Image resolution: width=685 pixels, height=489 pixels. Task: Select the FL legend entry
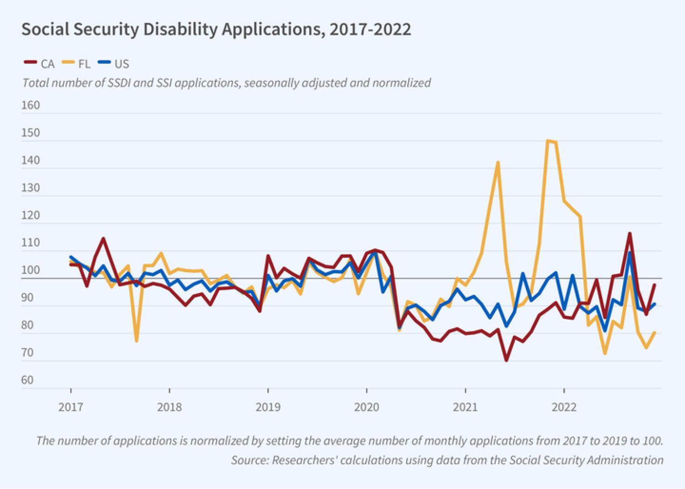77,64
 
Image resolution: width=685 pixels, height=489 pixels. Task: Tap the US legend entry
114,64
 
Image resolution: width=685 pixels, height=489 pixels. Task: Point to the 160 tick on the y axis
31,105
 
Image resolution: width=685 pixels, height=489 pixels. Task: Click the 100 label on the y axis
31,270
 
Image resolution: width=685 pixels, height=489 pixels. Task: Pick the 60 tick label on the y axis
27,380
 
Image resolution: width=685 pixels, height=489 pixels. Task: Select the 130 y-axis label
31,188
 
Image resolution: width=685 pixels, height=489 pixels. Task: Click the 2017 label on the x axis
71,407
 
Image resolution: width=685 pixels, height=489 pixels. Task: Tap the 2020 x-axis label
367,407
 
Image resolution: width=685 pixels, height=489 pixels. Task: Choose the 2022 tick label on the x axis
564,407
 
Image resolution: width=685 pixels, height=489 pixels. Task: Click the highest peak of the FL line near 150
548,141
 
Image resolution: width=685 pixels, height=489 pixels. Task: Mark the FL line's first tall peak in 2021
498,162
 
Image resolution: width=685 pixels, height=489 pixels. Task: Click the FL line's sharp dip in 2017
136,341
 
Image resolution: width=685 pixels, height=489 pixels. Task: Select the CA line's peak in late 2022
630,234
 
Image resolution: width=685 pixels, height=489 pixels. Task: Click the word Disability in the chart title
180,29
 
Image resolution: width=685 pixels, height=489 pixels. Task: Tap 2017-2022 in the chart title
370,29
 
